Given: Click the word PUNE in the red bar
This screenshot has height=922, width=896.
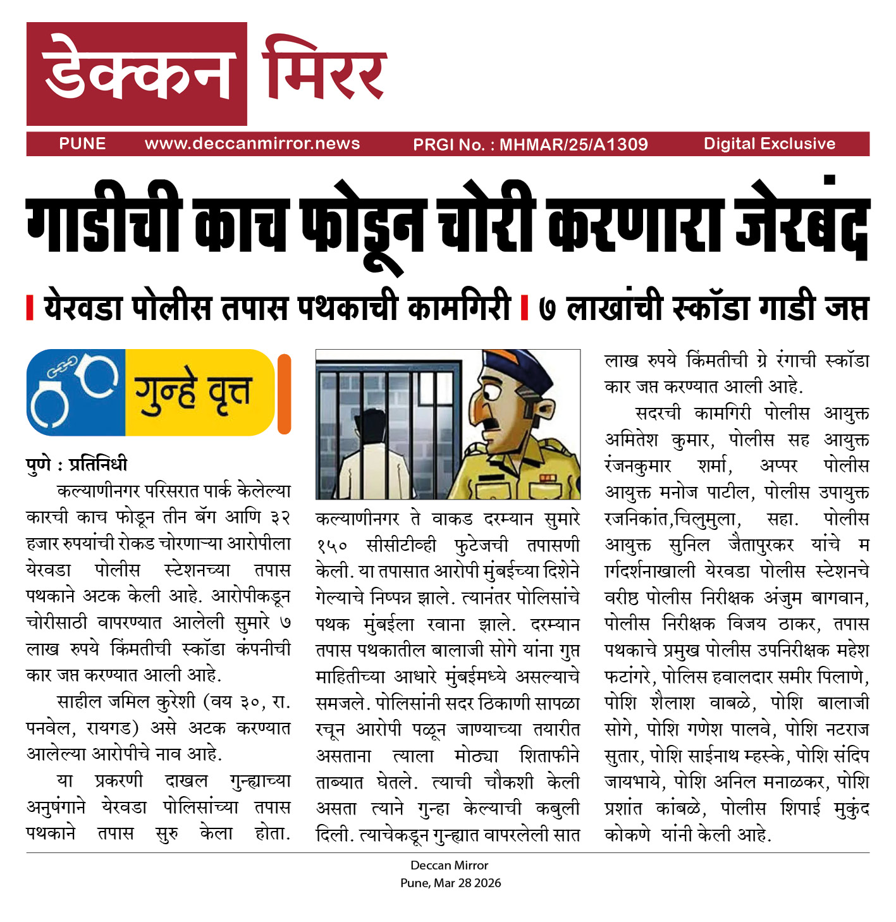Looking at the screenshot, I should coord(82,144).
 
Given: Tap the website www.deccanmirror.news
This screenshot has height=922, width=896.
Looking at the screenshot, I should coord(252,144).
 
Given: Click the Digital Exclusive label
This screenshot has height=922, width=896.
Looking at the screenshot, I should coord(769,144).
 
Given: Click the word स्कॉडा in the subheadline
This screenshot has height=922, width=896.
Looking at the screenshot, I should coord(711,307).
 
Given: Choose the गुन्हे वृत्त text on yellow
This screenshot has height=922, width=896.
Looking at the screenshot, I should coord(193,392).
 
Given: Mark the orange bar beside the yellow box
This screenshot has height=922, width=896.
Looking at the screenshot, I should coord(284,393).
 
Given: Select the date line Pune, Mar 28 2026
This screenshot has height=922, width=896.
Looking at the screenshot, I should coord(450,883).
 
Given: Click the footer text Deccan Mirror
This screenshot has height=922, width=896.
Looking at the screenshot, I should coord(450,865).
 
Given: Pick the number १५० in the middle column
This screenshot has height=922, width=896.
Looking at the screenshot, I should coord(332,544).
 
